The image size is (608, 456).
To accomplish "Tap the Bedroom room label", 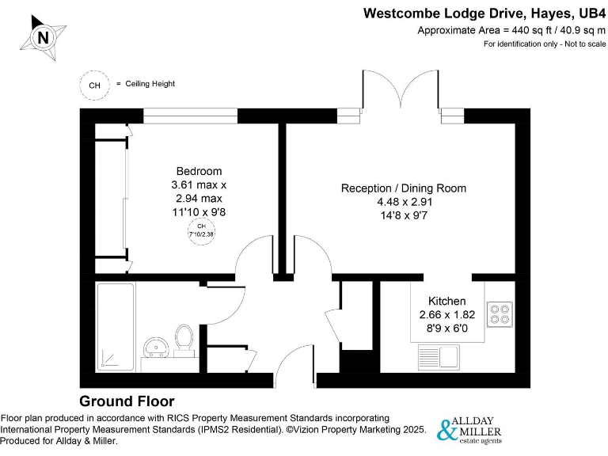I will click(x=199, y=171).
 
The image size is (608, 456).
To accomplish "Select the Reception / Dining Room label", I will click(x=403, y=188).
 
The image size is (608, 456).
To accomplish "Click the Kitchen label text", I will click(x=446, y=302).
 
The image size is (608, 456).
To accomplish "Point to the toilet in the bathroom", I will click(x=185, y=338).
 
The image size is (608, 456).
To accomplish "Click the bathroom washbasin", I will click(x=154, y=347).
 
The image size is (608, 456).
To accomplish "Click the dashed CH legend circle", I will click(x=94, y=84).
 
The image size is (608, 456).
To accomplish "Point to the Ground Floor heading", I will click(x=127, y=401).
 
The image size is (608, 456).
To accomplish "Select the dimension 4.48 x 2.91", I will click(x=403, y=202).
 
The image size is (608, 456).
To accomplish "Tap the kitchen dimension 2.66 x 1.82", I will click(x=446, y=315).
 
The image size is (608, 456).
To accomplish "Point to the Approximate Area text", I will click(x=511, y=29).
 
